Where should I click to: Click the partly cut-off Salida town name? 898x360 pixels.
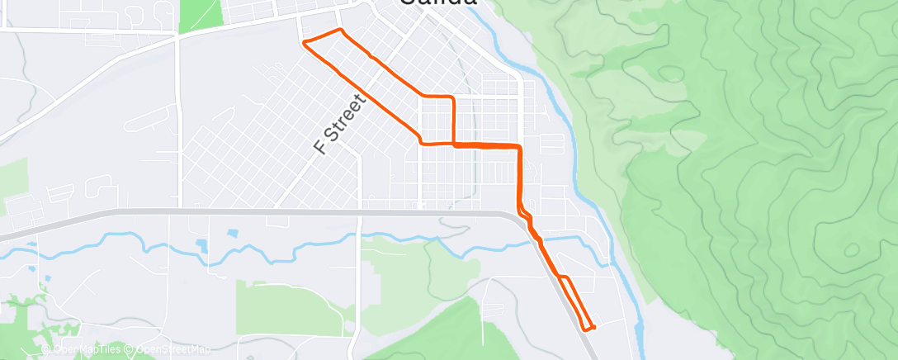pos(438,3)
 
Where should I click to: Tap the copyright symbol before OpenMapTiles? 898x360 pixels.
pos(49,349)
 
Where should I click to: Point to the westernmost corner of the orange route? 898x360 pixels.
pos(305,41)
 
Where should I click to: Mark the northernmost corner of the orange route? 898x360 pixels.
pos(339,30)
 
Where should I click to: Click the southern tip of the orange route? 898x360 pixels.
pos(588,329)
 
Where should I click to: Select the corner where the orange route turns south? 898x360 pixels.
pos(519,147)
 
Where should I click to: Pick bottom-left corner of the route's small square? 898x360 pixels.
pos(422,143)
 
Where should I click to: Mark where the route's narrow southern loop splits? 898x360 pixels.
pos(560,275)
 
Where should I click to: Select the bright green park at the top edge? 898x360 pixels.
pos(201,14)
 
